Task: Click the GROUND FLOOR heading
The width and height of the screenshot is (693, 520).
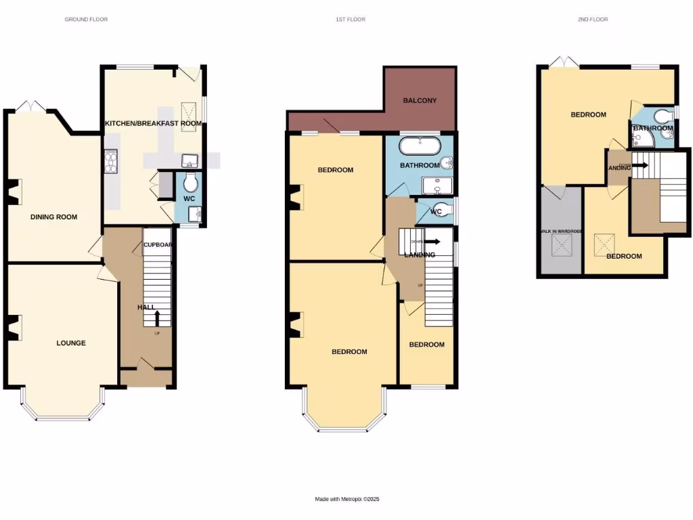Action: pyautogui.click(x=86, y=20)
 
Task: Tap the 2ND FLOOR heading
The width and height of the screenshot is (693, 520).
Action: pyautogui.click(x=593, y=20)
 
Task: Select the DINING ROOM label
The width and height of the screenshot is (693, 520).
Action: pyautogui.click(x=53, y=217)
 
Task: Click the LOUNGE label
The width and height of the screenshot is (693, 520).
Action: pyautogui.click(x=71, y=343)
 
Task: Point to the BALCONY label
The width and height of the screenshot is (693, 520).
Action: pyautogui.click(x=420, y=101)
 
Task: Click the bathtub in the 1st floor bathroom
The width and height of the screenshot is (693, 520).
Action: pyautogui.click(x=420, y=146)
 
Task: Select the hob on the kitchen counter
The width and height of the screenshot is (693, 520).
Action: pyautogui.click(x=111, y=162)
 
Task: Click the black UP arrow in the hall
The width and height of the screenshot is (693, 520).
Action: pyautogui.click(x=157, y=317)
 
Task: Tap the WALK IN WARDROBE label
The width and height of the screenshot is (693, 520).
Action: pyautogui.click(x=560, y=232)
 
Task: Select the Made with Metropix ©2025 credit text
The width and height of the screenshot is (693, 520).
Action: pyautogui.click(x=347, y=499)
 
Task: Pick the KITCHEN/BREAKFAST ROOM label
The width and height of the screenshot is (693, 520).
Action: pyautogui.click(x=153, y=123)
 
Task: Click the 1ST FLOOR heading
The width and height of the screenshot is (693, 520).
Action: pyautogui.click(x=351, y=20)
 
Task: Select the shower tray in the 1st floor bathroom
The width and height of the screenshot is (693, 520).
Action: pyautogui.click(x=439, y=186)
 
